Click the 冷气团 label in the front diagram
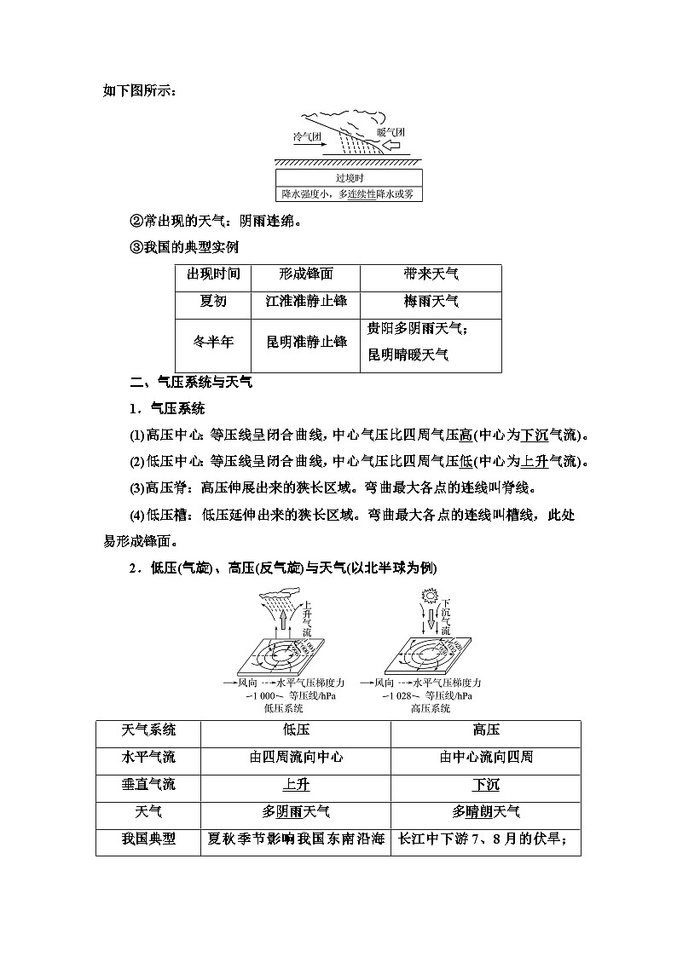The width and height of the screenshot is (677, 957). click(307, 136)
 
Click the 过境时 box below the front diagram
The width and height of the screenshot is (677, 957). click(350, 178)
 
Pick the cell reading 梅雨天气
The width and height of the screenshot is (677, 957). click(431, 301)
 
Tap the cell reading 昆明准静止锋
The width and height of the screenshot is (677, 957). click(306, 342)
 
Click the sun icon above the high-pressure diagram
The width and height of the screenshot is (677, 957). click(429, 596)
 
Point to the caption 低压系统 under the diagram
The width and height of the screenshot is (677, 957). click(285, 708)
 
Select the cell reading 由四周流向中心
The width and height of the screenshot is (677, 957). click(296, 757)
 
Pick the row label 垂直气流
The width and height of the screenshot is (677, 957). click(149, 784)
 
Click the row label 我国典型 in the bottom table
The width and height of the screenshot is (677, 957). click(149, 839)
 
